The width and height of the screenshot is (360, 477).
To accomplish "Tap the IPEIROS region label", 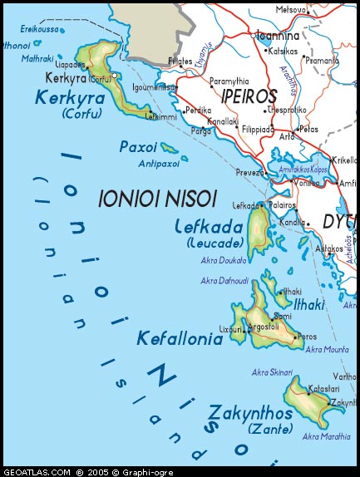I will pos(249,96).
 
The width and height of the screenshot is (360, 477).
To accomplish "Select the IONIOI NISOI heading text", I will pos(157,199).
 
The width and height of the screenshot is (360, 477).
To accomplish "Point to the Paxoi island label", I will pos(138,146).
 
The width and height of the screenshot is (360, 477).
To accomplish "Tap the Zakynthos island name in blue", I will pos(250,413).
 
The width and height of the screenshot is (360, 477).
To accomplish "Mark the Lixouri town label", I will pos(230,330).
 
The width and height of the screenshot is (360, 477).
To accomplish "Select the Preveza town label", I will pos(249,173).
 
